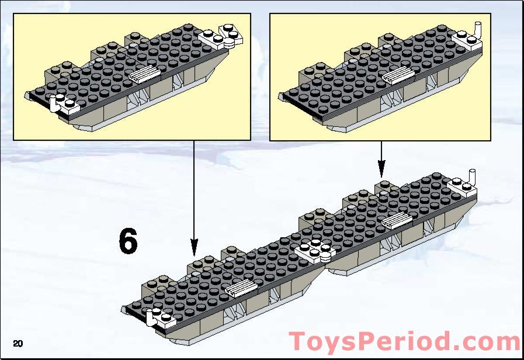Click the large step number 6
tap(128, 241)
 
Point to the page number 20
tap(18, 342)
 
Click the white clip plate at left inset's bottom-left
tap(64, 104)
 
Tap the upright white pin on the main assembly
tap(473, 176)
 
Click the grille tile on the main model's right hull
tap(396, 220)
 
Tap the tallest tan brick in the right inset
tap(388, 41)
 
